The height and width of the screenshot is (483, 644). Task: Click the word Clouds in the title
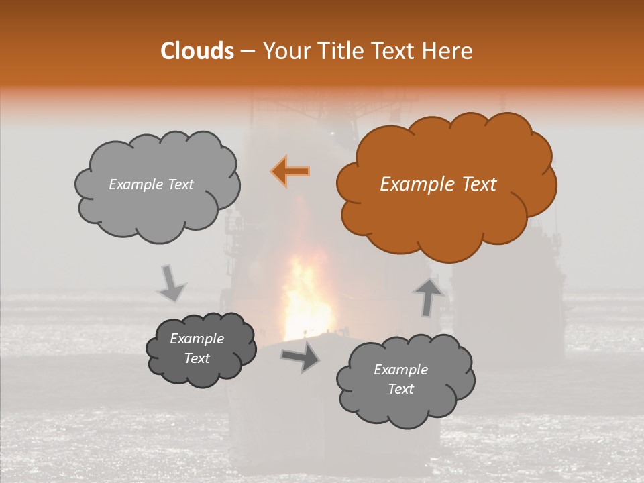197,51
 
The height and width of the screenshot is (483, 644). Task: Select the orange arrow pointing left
291,172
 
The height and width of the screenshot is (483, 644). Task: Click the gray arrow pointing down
171,282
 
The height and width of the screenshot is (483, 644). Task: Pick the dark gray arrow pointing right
301,358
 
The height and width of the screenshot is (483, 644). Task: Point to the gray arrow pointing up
427,296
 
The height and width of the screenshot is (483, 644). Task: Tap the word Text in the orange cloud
480,184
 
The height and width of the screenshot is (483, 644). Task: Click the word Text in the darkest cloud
197,358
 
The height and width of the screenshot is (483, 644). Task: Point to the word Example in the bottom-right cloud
400,370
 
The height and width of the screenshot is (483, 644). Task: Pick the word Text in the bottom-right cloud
400,389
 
